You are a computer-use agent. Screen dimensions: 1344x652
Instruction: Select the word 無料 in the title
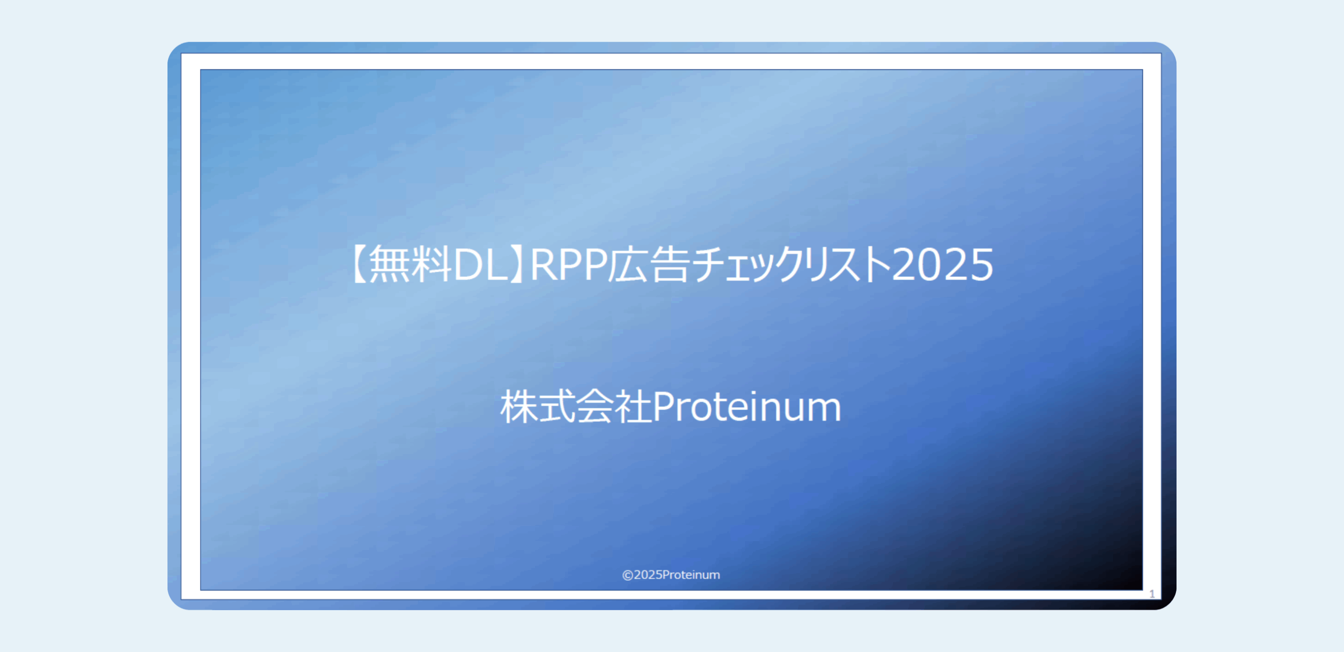410,264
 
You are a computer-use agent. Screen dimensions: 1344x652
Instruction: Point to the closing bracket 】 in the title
517,264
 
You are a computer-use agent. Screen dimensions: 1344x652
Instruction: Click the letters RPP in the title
569,265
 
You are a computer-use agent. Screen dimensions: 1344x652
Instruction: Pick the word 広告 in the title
648,264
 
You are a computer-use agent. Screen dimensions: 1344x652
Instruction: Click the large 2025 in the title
942,265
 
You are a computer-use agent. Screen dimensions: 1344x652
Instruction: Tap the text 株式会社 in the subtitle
576,407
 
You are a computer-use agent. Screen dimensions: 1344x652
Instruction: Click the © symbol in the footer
627,575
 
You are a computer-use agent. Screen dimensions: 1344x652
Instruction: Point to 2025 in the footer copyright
648,575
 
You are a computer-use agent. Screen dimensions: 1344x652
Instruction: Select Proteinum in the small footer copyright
691,575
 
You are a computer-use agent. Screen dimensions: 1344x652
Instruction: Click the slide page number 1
1152,594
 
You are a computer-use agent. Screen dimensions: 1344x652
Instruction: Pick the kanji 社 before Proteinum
633,407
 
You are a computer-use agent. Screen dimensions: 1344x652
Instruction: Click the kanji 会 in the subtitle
595,407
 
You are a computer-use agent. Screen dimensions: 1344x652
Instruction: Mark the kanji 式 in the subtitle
558,407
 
